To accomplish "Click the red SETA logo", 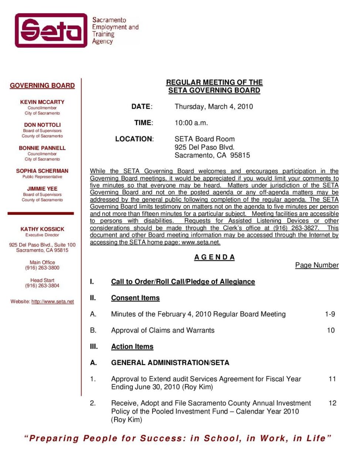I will [51, 30].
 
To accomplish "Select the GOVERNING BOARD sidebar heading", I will [42, 85].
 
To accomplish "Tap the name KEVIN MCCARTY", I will [42, 102].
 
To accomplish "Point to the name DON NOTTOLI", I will [42, 125].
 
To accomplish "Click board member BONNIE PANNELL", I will [42, 148].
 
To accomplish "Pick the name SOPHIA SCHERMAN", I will [42, 171].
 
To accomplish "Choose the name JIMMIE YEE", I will [42, 189].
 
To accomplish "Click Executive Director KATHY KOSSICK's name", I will [42, 229].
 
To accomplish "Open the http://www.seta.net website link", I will [52, 301].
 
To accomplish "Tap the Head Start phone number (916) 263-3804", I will [42, 286].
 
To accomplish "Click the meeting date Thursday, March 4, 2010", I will [214, 107].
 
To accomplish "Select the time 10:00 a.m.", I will [191, 123].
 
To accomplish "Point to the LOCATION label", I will [134, 139].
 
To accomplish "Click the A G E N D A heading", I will [214, 257].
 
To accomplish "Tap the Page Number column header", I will [317, 265].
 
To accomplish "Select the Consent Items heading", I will [135, 298].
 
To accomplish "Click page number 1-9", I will [330, 314].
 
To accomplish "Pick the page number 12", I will [332, 403].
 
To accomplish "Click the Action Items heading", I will [132, 347].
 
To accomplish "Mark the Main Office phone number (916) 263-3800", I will [42, 268].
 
